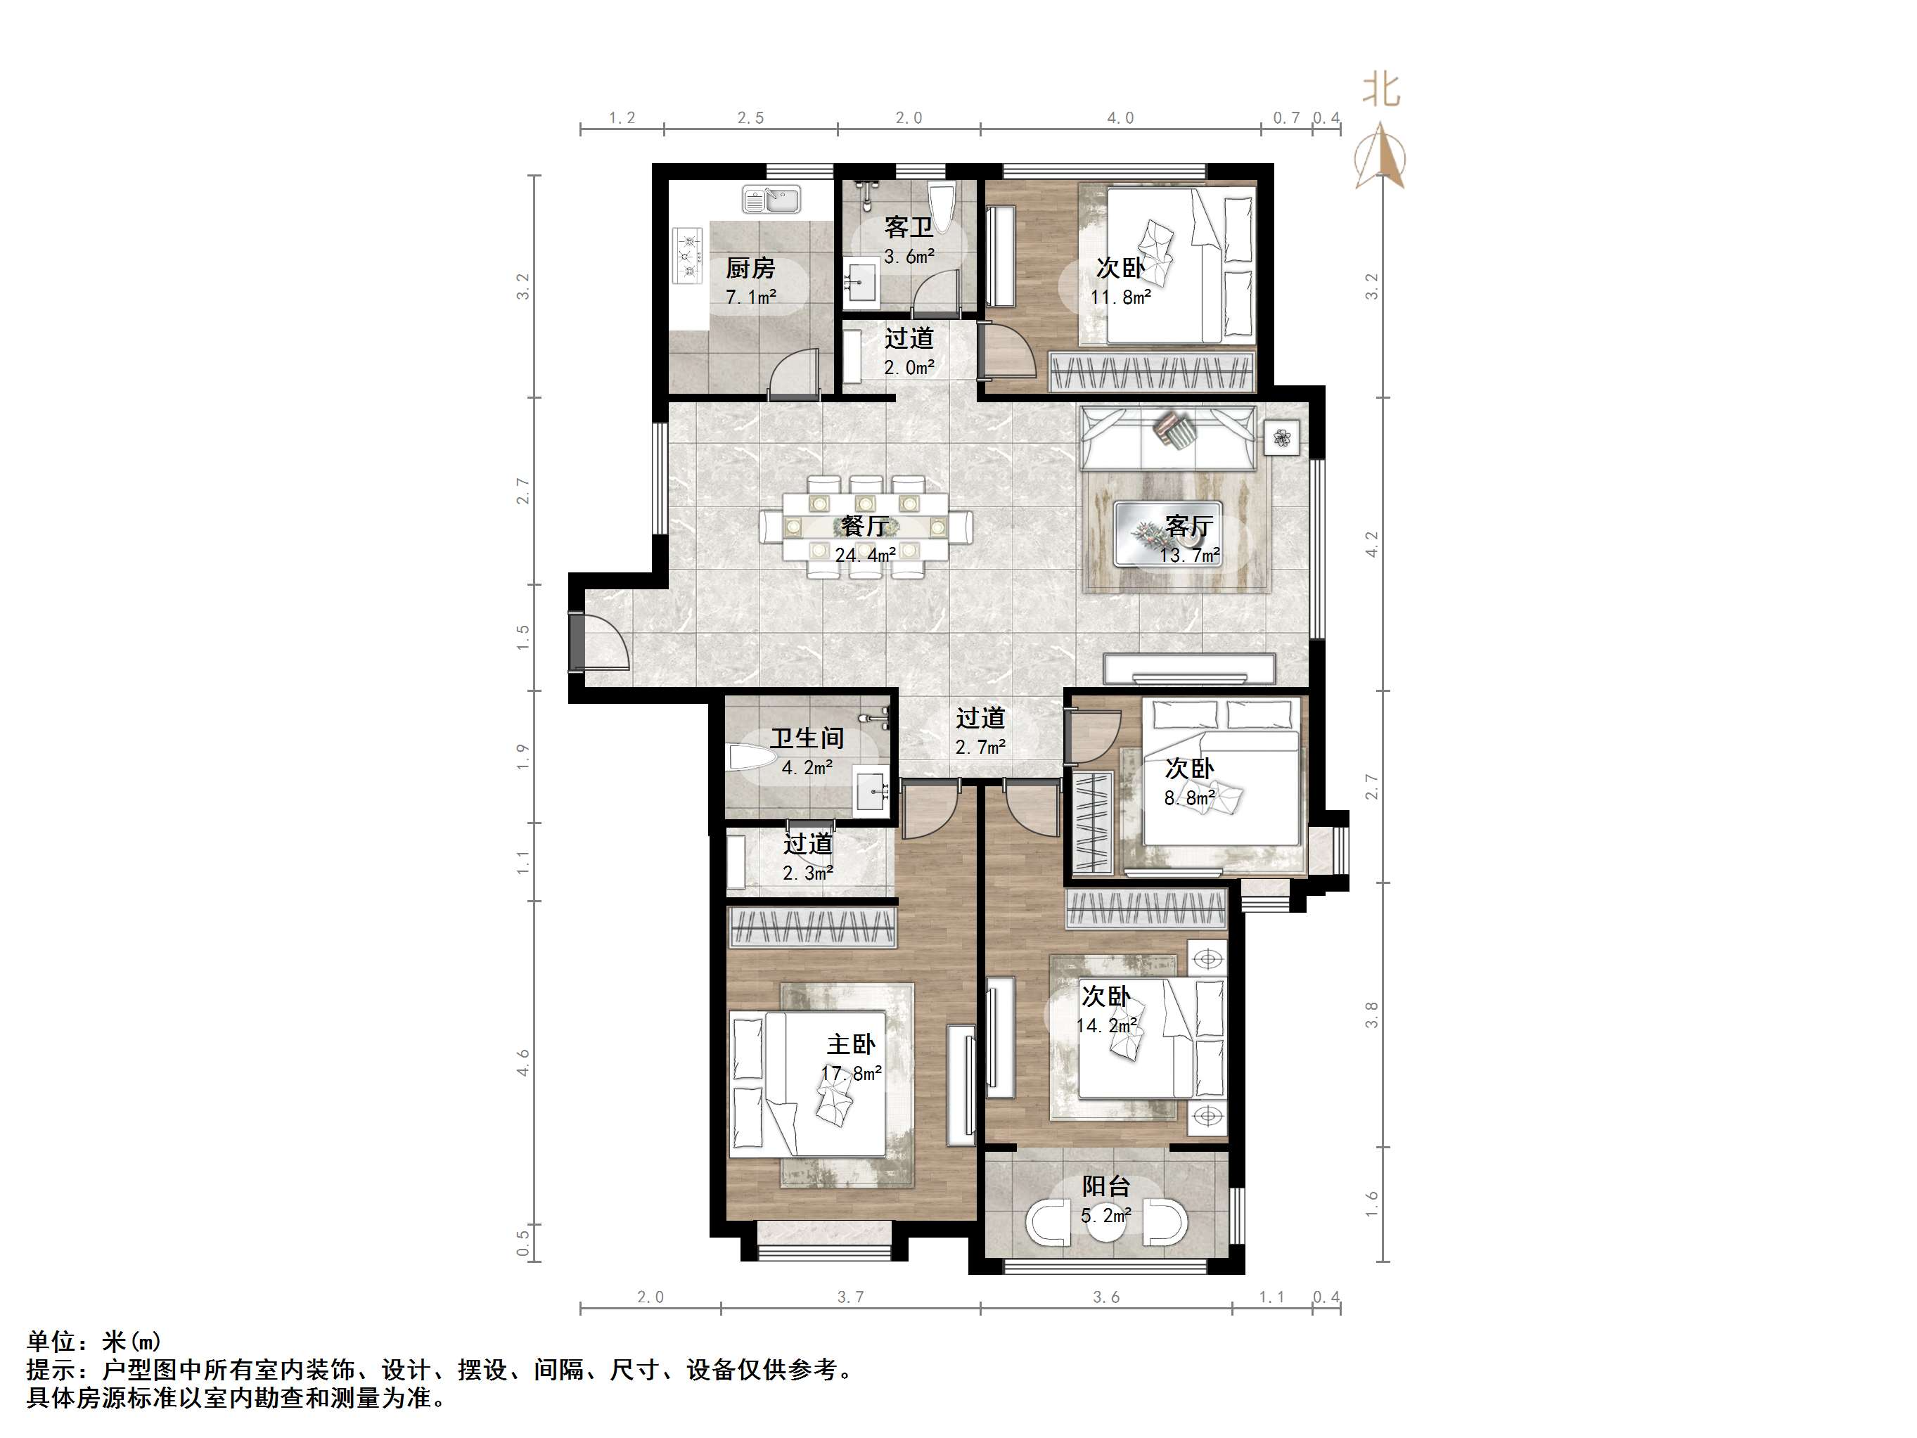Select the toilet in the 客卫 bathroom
[x=940, y=205]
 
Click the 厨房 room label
[x=750, y=268]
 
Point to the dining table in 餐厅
[x=866, y=526]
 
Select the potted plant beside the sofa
[x=1282, y=439]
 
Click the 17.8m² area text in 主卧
[x=851, y=1074]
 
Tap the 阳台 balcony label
[x=1106, y=1186]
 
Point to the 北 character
[x=1380, y=89]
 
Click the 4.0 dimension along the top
[x=1120, y=118]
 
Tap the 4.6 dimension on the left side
[x=523, y=1063]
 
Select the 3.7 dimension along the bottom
[x=850, y=1297]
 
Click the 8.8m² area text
[x=1189, y=798]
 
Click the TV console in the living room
[x=1189, y=668]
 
